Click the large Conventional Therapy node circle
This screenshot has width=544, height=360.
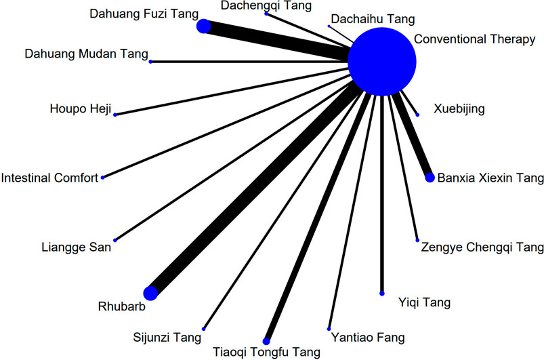(x=381, y=62)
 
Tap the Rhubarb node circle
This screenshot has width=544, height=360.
(x=151, y=292)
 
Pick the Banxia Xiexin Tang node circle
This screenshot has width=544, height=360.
(x=430, y=178)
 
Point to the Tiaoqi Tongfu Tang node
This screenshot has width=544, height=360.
(x=266, y=340)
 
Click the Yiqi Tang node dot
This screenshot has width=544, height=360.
(x=382, y=293)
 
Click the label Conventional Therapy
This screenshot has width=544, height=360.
(x=474, y=40)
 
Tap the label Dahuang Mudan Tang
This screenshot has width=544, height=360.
(x=85, y=54)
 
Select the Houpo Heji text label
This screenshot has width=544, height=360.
(x=80, y=108)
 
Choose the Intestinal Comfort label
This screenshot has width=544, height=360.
(x=49, y=178)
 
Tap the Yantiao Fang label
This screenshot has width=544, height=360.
(x=369, y=337)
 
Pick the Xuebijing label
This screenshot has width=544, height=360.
(x=459, y=108)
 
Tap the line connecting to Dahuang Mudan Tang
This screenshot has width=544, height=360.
(x=251, y=62)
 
